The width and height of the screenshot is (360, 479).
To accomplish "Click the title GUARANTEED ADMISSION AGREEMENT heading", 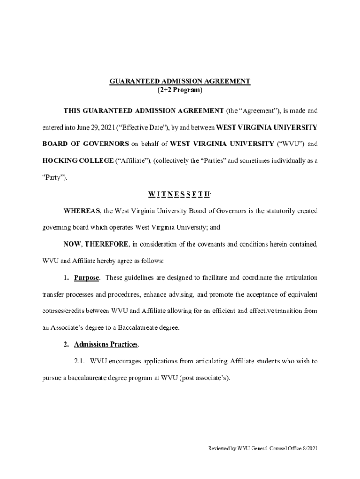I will click(180, 81).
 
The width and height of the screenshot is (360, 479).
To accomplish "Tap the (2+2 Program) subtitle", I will click(180, 89).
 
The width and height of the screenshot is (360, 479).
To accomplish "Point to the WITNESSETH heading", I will click(180, 194).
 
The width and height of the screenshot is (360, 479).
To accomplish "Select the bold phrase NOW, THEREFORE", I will click(96, 244).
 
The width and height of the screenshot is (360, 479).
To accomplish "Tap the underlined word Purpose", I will click(86, 278).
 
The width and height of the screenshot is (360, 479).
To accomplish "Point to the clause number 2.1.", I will click(80, 361).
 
